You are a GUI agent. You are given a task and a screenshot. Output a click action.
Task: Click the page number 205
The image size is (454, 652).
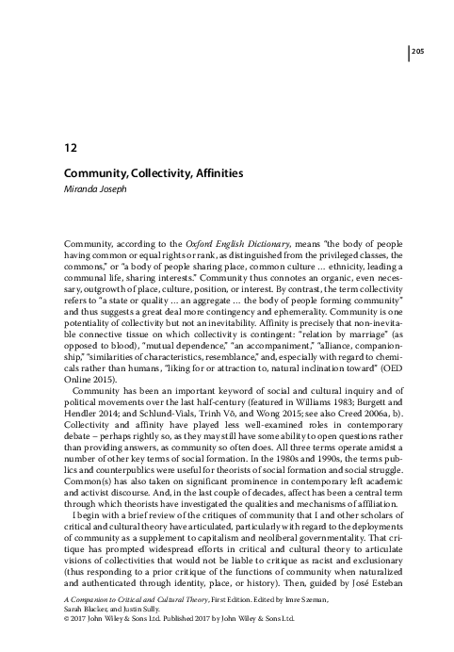coord(419,50)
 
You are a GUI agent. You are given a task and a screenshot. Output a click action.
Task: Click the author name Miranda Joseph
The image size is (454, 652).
coord(99,188)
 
